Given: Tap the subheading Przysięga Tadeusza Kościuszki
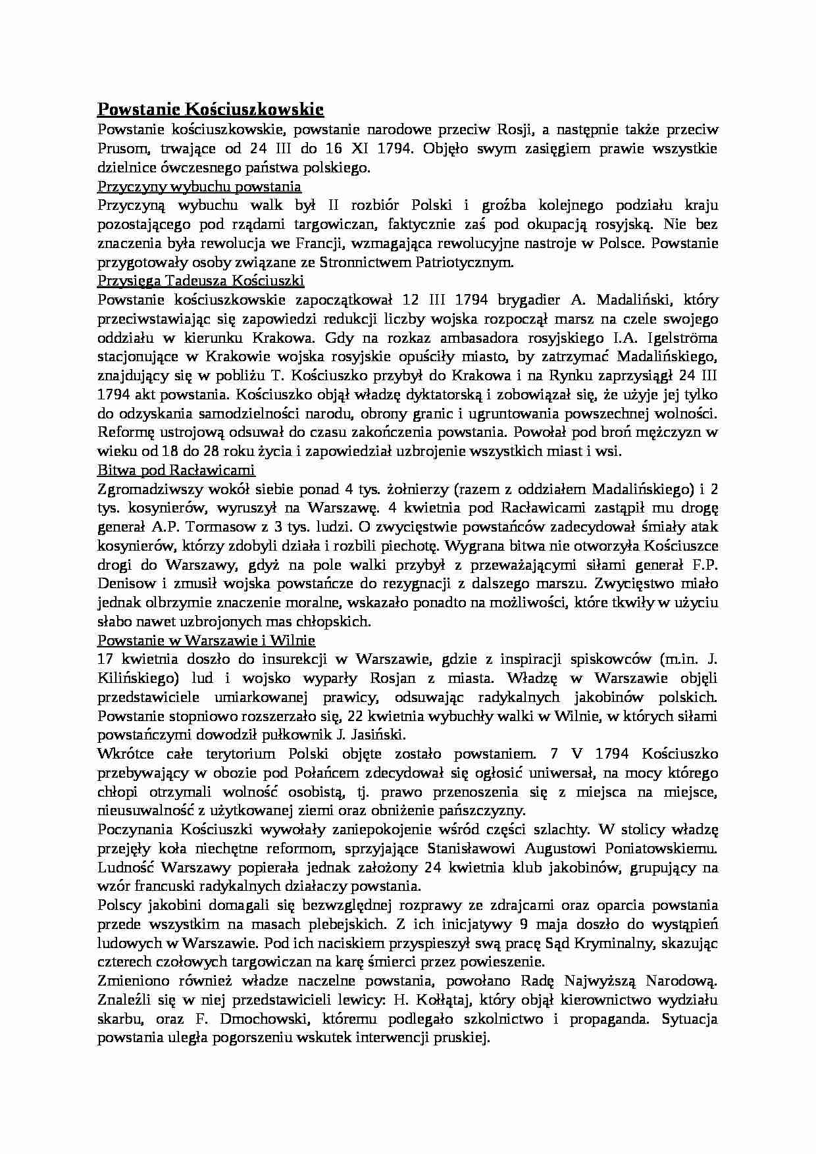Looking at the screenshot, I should pyautogui.click(x=201, y=281).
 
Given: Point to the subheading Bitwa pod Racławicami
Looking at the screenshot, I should pyautogui.click(x=176, y=470).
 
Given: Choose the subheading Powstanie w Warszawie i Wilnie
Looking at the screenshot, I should pyautogui.click(x=206, y=640).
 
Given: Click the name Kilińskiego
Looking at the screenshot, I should pyautogui.click(x=138, y=678).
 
